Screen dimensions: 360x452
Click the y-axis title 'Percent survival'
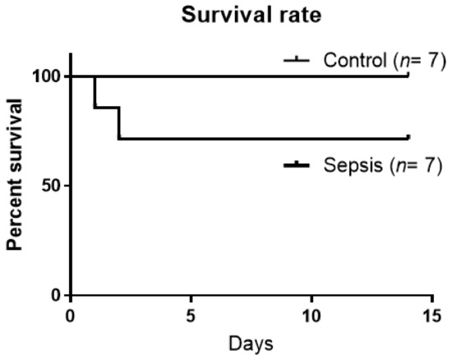coord(15,185)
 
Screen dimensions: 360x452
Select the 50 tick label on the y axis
coord(52,185)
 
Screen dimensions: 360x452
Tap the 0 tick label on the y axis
coord(56,294)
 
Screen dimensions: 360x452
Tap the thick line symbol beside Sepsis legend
coord(299,166)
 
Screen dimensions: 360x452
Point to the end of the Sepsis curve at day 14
coord(408,138)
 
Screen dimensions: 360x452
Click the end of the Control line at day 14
coord(408,76)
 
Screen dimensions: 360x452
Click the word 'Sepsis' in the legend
coord(348,168)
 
